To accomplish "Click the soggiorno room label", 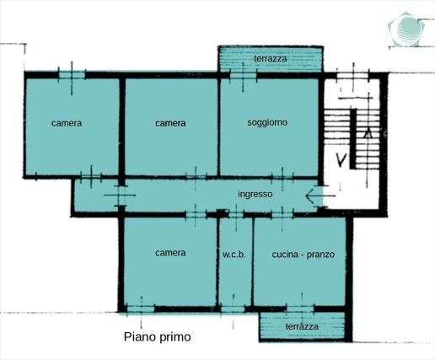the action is tap(267, 123).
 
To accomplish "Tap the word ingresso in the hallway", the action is tap(255, 195).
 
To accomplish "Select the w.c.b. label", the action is tap(234, 255).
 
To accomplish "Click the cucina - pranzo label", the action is tap(303, 255).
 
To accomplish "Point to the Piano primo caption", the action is tap(158, 336).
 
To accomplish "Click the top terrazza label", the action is tap(271, 59).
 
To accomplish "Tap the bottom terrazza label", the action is tap(302, 326).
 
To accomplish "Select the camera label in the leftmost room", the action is tap(67, 123).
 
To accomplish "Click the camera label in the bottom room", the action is tap(170, 253).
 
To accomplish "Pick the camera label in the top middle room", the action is tap(170, 123).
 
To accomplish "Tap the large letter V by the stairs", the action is tap(341, 160).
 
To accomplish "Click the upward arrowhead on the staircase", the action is tap(368, 132).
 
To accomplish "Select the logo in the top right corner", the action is tap(406, 29).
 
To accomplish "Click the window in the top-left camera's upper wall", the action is tap(72, 75).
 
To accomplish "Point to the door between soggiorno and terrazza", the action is tap(243, 75).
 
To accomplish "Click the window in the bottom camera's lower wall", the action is tap(141, 309).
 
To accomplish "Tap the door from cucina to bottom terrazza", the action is tap(300, 309).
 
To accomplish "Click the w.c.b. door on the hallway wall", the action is tap(236, 215).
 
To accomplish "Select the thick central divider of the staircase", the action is tap(353, 139).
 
